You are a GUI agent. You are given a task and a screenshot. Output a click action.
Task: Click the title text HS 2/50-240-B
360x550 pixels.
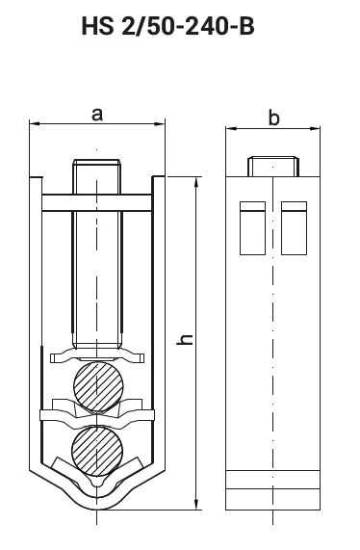167,26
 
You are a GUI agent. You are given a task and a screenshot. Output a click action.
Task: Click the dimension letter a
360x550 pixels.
97,115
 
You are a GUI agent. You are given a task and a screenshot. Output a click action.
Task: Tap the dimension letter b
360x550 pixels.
274,118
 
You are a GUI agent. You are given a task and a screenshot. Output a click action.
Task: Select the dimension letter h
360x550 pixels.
185,340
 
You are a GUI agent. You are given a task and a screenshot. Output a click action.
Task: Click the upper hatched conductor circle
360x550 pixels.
98,386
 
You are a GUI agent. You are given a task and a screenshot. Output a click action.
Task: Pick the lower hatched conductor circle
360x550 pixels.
97,451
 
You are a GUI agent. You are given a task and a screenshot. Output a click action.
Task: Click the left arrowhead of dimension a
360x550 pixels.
34,123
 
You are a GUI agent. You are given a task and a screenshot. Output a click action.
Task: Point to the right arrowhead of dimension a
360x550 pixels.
160,123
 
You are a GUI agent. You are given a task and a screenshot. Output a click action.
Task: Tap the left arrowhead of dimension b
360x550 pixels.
230,129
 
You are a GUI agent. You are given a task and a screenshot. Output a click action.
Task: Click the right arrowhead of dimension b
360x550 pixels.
315,129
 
